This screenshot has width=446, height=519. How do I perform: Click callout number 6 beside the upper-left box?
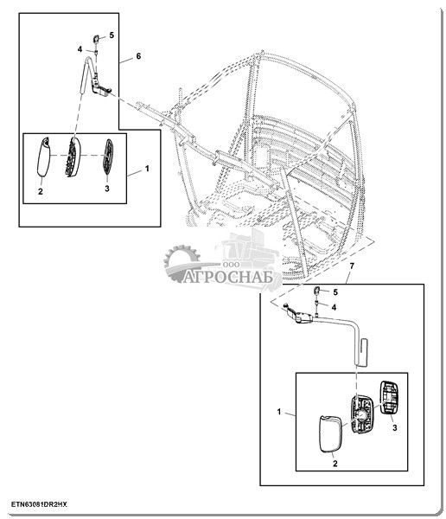(138, 56)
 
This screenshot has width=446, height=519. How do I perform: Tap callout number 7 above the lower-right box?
(352, 266)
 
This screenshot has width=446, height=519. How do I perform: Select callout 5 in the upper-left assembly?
(111, 35)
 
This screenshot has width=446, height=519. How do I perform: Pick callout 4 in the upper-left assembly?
(80, 49)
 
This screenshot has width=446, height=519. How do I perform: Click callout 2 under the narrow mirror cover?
(41, 191)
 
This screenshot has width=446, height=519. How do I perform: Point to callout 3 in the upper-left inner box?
(107, 189)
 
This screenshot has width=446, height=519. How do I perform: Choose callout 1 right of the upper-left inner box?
(147, 169)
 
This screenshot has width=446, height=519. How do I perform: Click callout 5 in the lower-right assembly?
(335, 292)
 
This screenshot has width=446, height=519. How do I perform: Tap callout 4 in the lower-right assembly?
(334, 307)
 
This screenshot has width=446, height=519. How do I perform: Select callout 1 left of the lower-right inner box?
(279, 412)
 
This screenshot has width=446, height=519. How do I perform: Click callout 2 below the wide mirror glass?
(334, 464)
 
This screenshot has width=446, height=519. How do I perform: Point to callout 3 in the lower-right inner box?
(394, 427)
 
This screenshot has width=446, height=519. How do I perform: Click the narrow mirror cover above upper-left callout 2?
(43, 157)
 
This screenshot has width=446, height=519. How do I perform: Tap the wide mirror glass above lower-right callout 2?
(331, 433)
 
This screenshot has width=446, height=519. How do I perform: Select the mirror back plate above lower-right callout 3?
(389, 397)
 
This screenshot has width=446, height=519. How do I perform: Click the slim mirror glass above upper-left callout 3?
(108, 157)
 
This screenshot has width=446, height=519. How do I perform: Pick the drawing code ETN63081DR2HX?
(39, 504)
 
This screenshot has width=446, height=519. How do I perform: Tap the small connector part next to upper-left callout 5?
(96, 39)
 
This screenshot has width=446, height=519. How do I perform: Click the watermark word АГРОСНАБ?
(227, 277)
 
